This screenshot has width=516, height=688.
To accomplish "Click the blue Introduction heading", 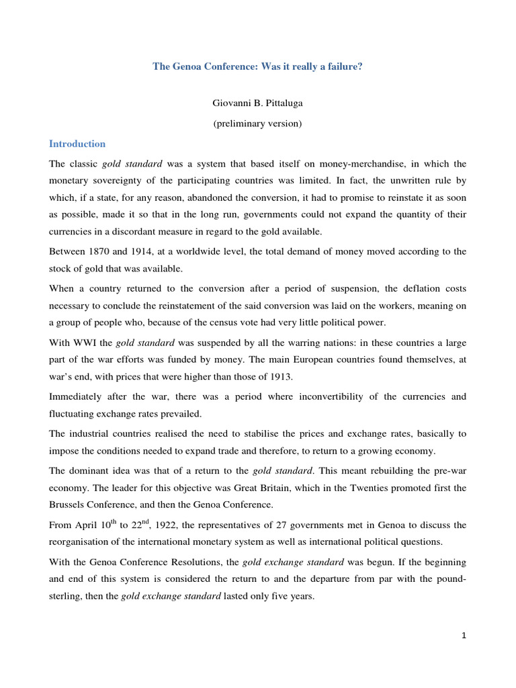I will click(x=77, y=144).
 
